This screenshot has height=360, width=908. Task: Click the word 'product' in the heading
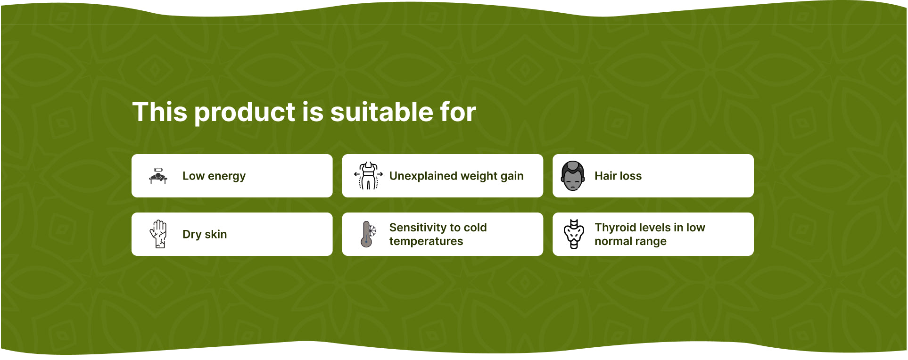tap(245, 113)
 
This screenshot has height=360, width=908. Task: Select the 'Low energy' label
tap(214, 176)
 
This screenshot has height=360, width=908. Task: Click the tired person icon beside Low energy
tap(158, 176)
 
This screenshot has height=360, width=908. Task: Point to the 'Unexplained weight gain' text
tap(456, 176)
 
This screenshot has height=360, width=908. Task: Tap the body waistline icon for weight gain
tap(368, 176)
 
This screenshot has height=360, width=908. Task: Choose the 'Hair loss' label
tap(618, 176)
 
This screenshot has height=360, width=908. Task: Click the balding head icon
tap(573, 176)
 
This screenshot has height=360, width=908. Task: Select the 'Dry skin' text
tap(205, 234)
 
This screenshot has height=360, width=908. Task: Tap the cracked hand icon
tap(158, 234)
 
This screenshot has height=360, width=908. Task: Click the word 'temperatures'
tap(426, 241)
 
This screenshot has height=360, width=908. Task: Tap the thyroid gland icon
tap(574, 234)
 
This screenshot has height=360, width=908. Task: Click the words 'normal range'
tap(630, 241)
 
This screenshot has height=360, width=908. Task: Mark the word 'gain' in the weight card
tap(512, 177)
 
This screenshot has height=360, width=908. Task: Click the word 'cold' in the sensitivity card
tap(475, 228)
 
